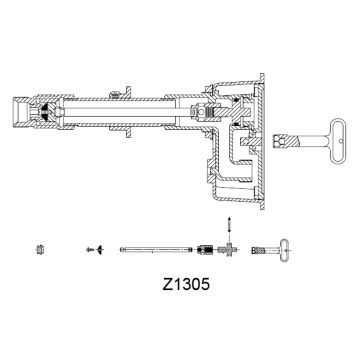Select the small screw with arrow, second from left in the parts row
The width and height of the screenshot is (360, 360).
click(x=94, y=246)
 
